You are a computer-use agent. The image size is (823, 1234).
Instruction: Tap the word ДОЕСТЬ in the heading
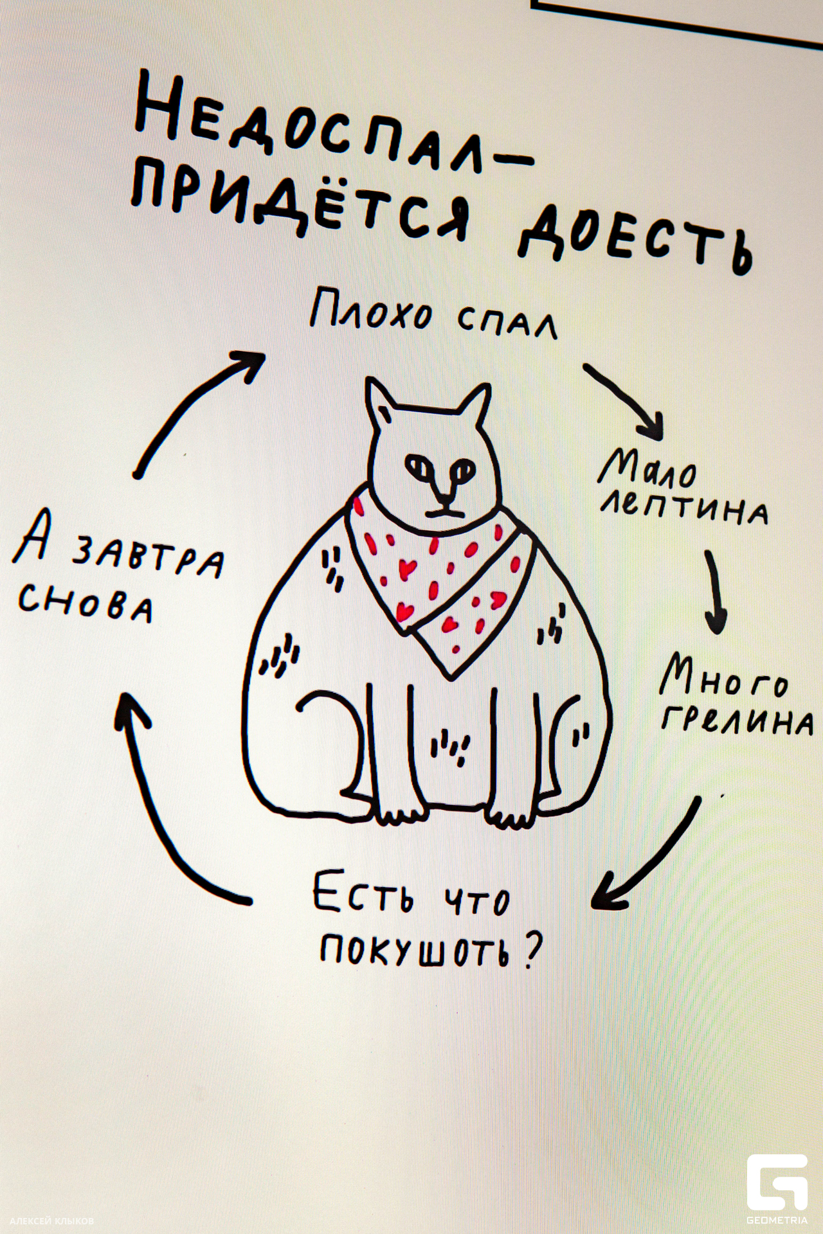coord(633,238)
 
